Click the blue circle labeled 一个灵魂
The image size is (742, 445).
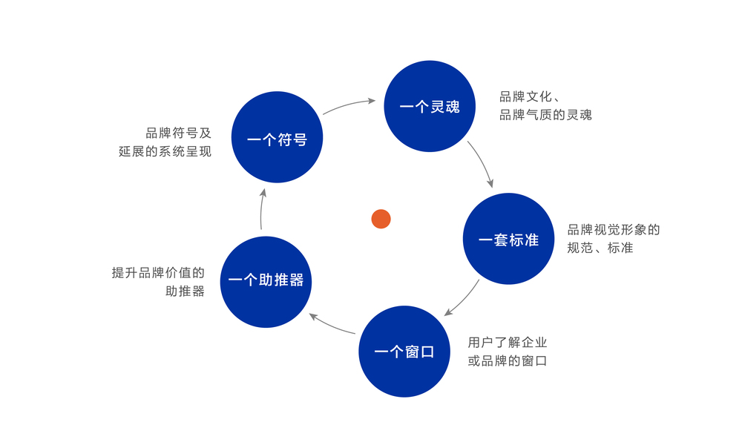tap(430, 106)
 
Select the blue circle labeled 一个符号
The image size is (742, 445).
tap(277, 137)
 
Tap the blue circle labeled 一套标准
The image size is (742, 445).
tap(508, 239)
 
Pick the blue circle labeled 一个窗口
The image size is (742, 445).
tap(404, 352)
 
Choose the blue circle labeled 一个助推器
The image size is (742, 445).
tap(266, 282)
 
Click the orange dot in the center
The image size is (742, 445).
tap(381, 219)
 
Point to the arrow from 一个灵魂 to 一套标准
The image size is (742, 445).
tap(481, 163)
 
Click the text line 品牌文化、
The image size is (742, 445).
tap(529, 96)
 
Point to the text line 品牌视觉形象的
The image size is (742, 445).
tap(613, 230)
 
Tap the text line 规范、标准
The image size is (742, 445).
tap(600, 248)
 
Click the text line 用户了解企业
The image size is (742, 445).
tap(507, 343)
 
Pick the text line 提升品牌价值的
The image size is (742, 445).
tap(158, 273)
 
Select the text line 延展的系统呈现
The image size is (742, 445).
tap(165, 152)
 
